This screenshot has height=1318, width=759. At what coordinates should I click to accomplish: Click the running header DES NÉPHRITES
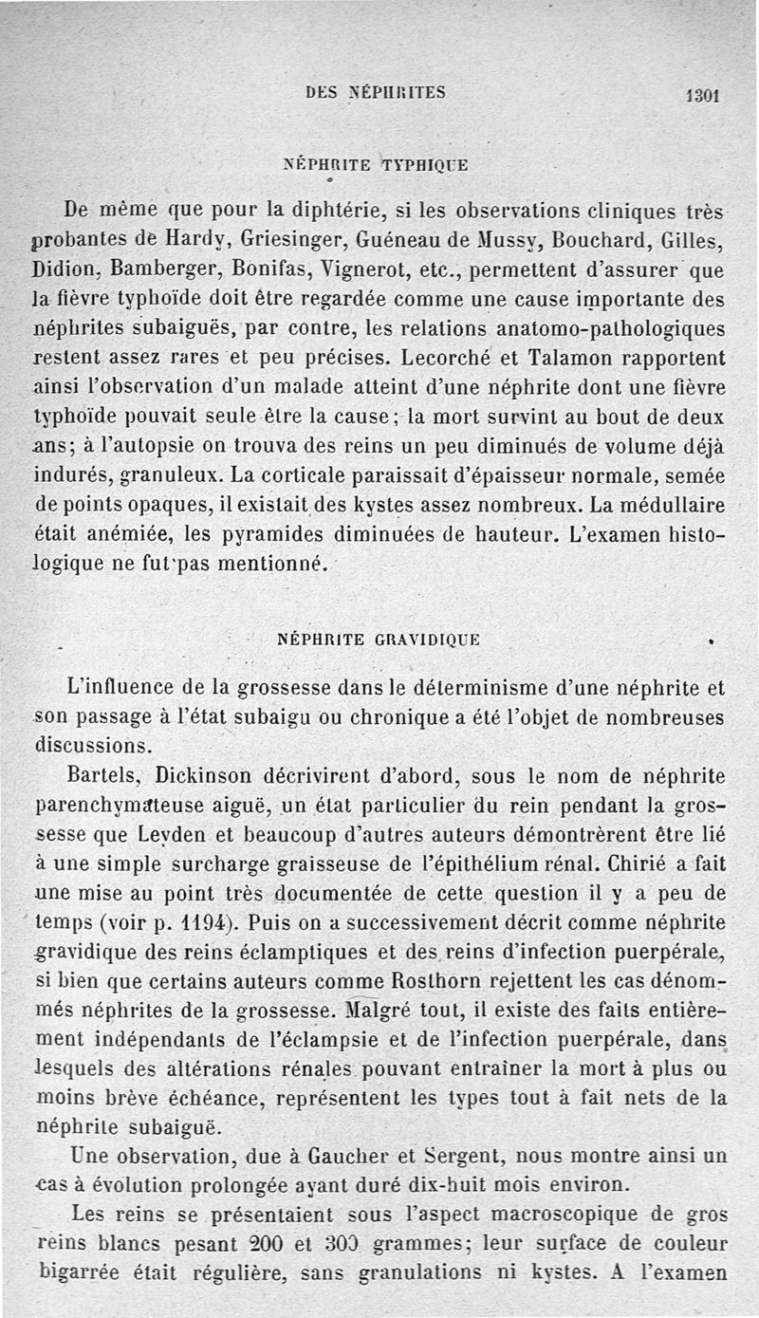[x=376, y=92]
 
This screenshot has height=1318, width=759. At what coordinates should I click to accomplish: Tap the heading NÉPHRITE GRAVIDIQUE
[x=378, y=640]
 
